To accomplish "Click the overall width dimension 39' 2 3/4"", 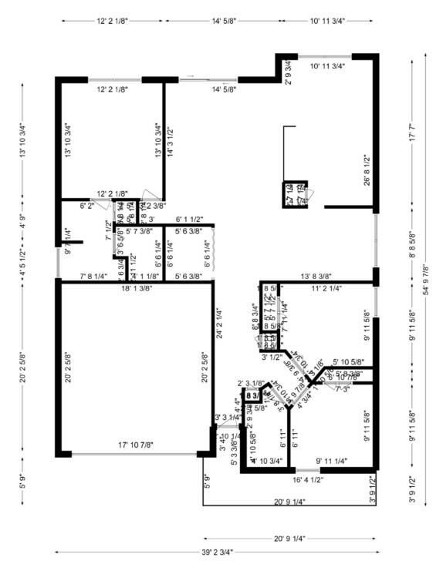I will [x=218, y=552].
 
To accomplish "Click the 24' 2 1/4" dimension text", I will [x=219, y=324].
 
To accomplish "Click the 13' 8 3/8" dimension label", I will [x=316, y=276].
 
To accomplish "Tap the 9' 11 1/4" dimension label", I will [x=331, y=461].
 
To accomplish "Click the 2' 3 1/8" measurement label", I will [x=251, y=383].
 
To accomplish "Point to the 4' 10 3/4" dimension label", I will [x=268, y=461].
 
